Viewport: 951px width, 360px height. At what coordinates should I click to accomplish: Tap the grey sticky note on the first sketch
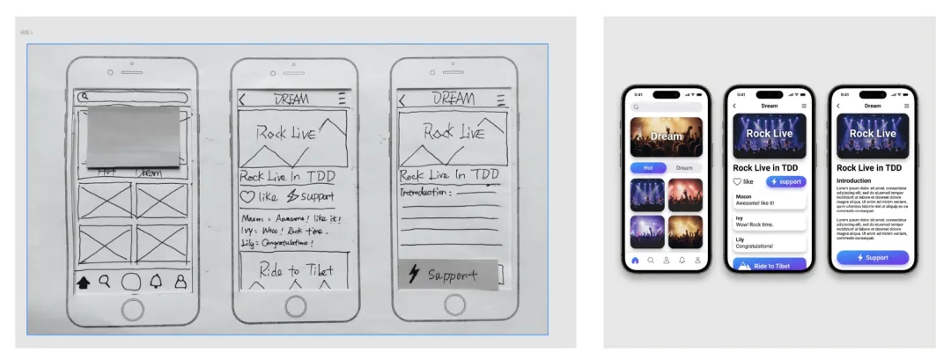(x=132, y=136)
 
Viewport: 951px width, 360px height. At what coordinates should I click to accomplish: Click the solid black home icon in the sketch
(x=85, y=283)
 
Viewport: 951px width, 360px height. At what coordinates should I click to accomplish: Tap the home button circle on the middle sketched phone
(x=294, y=307)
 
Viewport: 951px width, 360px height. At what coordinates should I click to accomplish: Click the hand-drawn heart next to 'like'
(x=249, y=197)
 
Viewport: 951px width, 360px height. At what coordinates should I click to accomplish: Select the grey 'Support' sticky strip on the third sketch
(x=447, y=275)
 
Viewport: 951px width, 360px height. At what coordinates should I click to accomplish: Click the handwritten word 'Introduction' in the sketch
(x=424, y=192)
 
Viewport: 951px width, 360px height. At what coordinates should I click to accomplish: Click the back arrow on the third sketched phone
(x=402, y=100)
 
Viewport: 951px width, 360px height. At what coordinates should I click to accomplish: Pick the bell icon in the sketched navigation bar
(x=157, y=283)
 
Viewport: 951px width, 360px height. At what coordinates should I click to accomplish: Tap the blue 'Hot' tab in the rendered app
(x=648, y=167)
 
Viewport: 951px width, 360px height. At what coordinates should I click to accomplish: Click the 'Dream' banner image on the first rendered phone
(x=667, y=136)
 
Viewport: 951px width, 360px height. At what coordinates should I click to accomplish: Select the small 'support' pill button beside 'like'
(x=785, y=181)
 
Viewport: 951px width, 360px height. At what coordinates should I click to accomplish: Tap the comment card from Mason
(x=770, y=200)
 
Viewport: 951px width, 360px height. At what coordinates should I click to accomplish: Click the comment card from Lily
(x=770, y=242)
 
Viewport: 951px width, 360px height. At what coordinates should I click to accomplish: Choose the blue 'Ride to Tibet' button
(x=770, y=265)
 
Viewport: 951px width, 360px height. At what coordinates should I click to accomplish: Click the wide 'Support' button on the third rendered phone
(x=872, y=257)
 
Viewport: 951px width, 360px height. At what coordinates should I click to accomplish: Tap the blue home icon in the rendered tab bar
(x=635, y=261)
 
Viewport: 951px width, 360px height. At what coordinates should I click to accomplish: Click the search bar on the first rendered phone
(x=667, y=107)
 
